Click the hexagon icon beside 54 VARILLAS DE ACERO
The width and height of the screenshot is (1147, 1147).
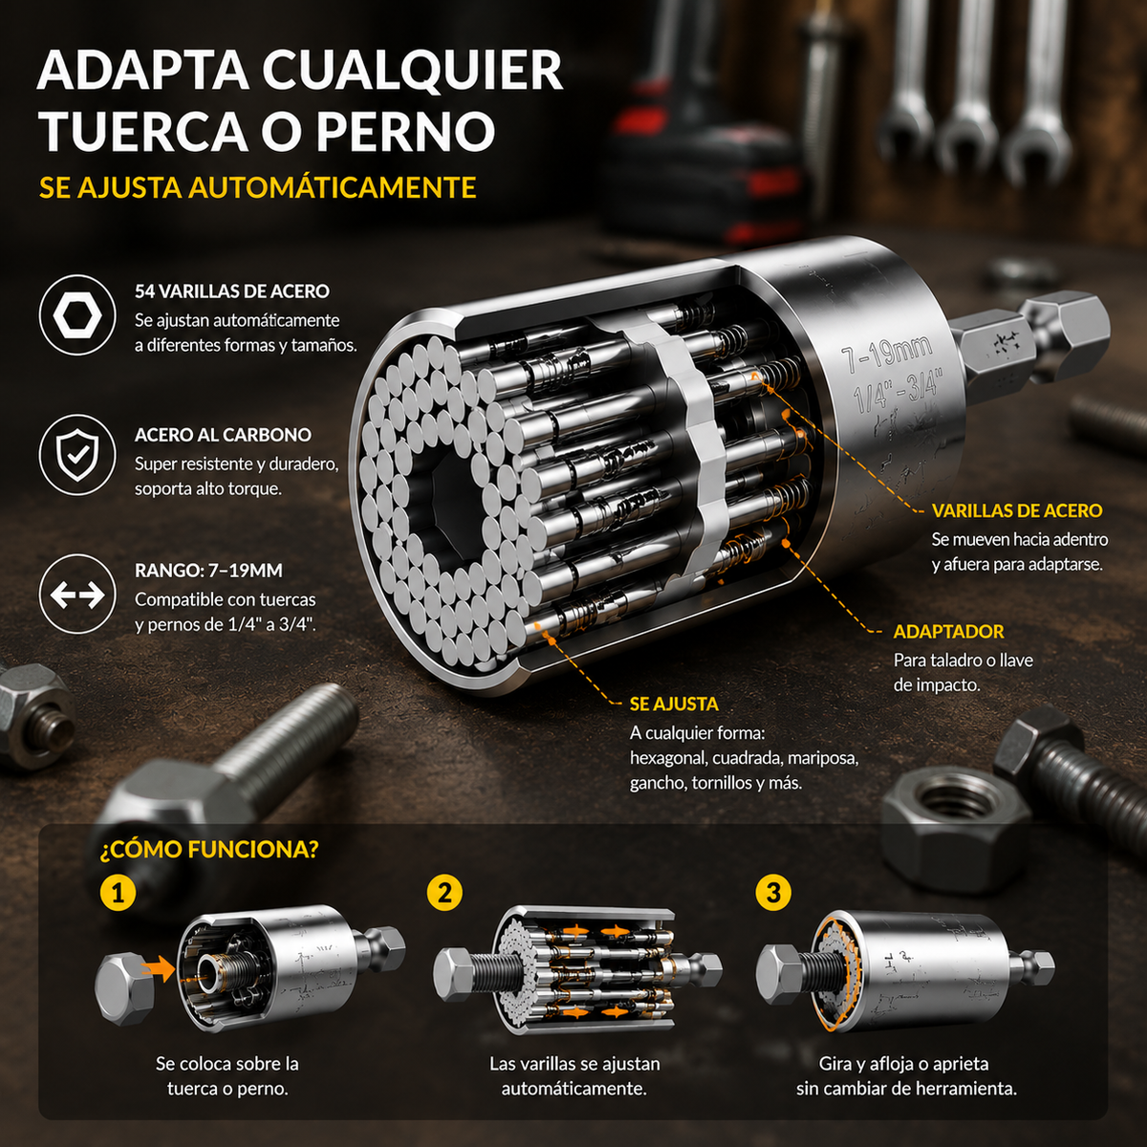click(76, 314)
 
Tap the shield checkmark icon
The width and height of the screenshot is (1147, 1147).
click(76, 454)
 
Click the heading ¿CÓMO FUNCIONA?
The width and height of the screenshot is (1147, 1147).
click(209, 849)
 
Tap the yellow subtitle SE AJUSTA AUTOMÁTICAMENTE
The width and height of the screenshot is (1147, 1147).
click(258, 187)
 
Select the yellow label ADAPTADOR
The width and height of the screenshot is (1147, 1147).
click(949, 632)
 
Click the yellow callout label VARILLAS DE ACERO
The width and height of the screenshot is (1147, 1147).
click(1017, 510)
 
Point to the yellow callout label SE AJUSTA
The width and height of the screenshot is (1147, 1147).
click(675, 704)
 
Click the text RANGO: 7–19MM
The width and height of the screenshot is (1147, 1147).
click(209, 571)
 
